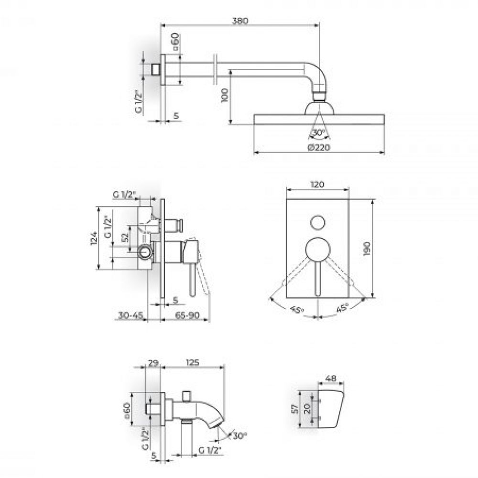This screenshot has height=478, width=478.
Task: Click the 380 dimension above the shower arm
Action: (x=240, y=21)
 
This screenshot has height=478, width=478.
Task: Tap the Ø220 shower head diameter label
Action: (x=319, y=148)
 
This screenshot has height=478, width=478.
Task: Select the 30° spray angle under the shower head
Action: (x=318, y=132)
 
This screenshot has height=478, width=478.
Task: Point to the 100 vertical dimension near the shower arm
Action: (x=225, y=96)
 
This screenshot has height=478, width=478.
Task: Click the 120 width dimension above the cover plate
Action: (x=317, y=185)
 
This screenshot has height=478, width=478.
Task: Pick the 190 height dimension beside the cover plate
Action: (x=367, y=249)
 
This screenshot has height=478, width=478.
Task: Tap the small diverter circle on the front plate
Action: (x=318, y=223)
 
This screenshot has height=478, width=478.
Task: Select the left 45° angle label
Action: (x=297, y=310)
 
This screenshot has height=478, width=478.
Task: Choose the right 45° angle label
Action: (x=342, y=308)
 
